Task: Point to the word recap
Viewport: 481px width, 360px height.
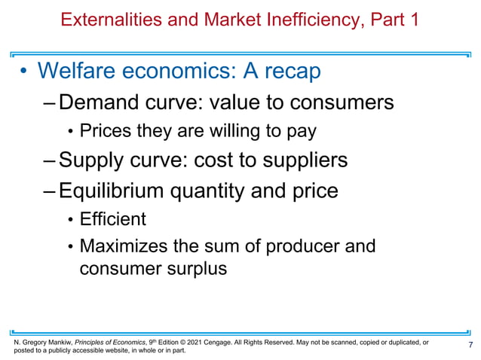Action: (287, 72)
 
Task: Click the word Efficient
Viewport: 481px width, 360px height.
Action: (112, 220)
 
